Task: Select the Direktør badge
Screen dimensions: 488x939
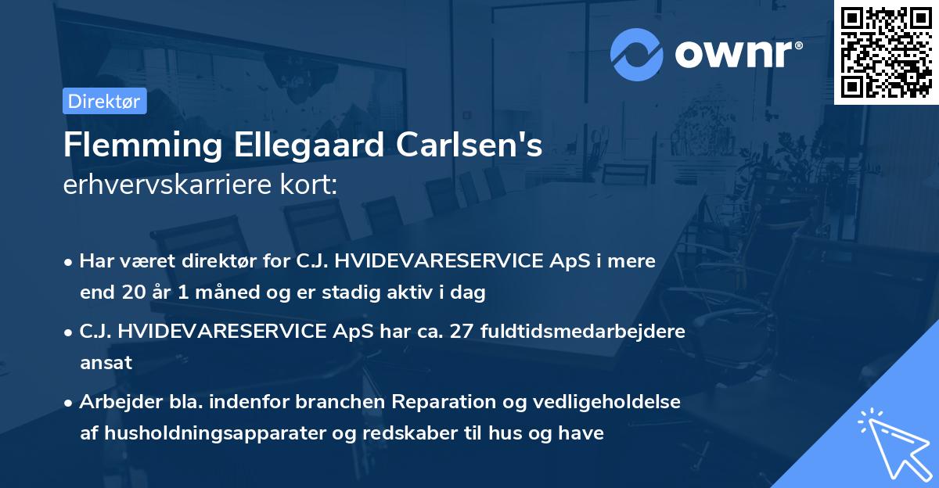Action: [104, 101]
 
